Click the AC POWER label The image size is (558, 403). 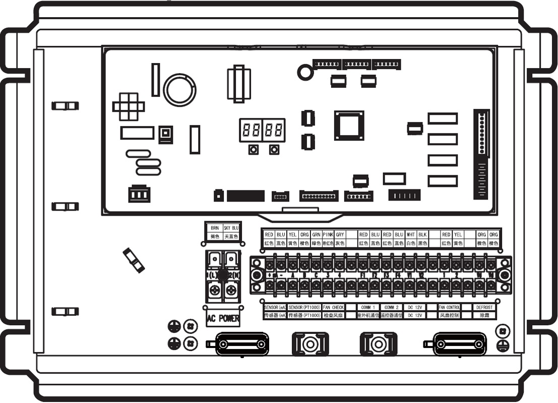[222, 319]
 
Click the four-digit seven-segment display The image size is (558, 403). [262, 130]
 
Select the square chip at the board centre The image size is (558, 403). [349, 125]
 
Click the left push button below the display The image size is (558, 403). [253, 149]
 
